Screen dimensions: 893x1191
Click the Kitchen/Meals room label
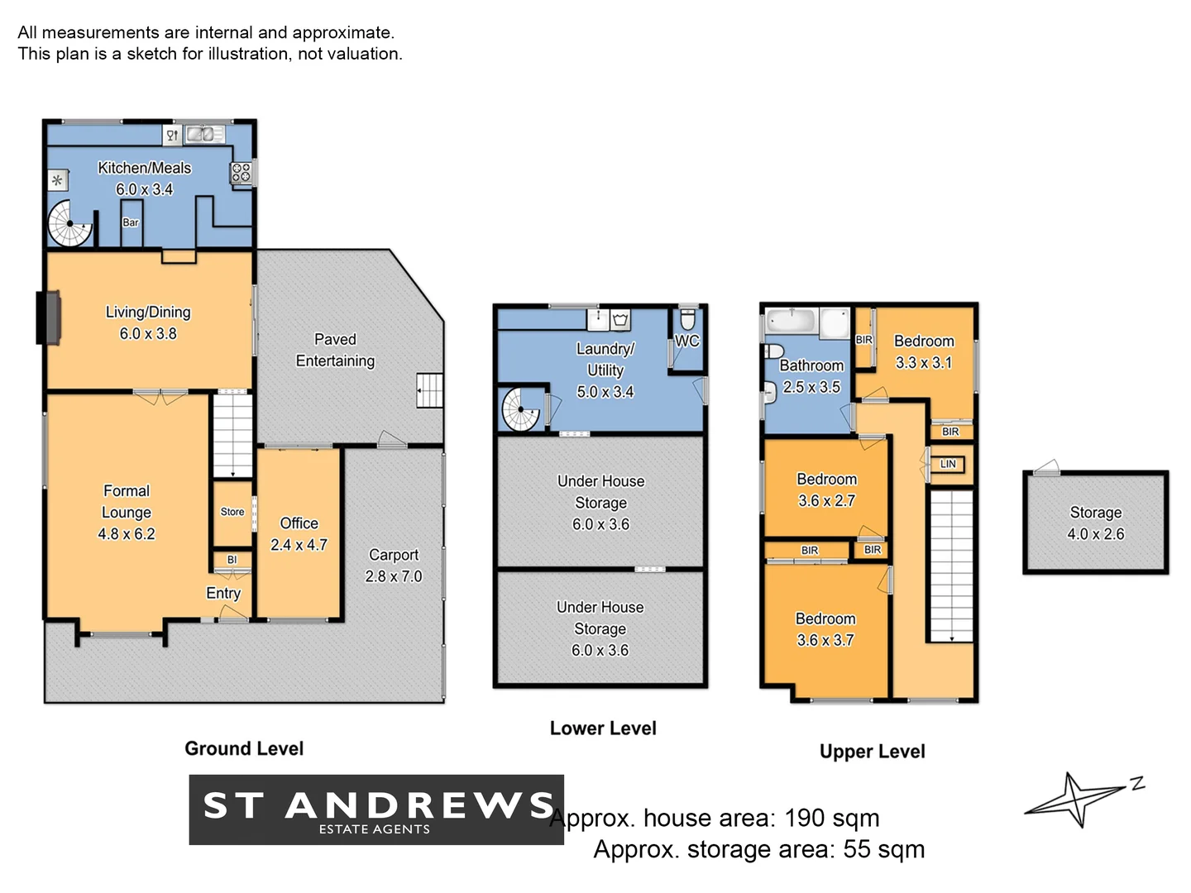pos(144,168)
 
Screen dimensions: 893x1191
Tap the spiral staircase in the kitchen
pos(69,224)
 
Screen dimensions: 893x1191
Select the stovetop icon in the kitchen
pos(241,173)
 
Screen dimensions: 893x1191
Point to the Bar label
pos(131,222)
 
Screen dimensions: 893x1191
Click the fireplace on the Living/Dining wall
pos(49,318)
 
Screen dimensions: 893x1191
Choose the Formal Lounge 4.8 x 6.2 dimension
pos(127,534)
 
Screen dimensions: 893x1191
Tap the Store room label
pos(232,512)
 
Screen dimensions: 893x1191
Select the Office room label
pos(299,523)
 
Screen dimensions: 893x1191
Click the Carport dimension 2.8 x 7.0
pos(394,576)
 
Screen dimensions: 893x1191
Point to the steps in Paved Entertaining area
pos(429,390)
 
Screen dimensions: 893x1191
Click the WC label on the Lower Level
pos(687,341)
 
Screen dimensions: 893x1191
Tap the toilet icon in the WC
pos(687,319)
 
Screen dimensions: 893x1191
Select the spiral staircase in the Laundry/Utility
pos(521,408)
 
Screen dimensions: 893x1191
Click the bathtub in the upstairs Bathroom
pos(792,321)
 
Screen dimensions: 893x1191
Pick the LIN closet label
pos(948,464)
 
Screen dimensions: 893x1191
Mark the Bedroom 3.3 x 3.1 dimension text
pos(924,363)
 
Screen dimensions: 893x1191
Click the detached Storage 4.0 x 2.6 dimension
pos(1096,534)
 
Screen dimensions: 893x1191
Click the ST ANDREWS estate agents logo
pos(376,809)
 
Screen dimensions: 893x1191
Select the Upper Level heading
pos(872,752)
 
